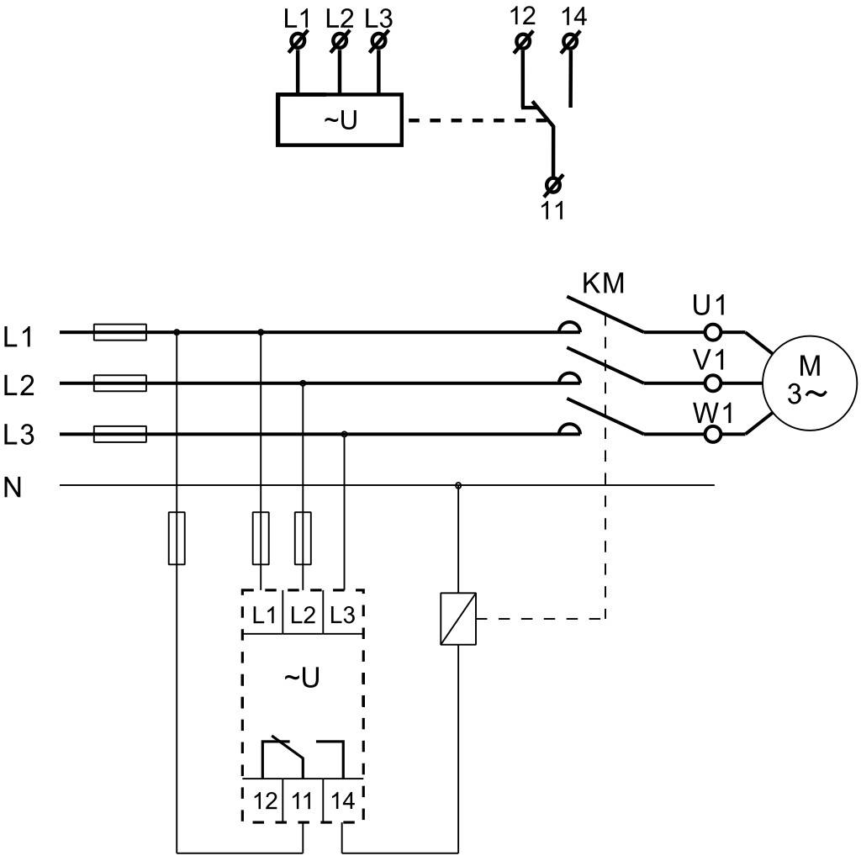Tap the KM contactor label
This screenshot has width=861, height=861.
pyautogui.click(x=604, y=283)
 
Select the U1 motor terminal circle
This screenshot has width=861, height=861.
pyautogui.click(x=712, y=332)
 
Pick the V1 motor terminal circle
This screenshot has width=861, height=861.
pyautogui.click(x=712, y=383)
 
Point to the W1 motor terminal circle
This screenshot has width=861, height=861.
pyautogui.click(x=712, y=435)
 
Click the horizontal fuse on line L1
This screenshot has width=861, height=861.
pyautogui.click(x=120, y=332)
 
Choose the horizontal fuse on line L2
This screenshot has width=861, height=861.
pyautogui.click(x=120, y=383)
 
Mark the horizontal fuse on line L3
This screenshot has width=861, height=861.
pyautogui.click(x=120, y=435)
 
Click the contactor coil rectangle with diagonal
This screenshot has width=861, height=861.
pyautogui.click(x=458, y=619)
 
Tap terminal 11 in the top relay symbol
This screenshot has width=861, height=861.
pyautogui.click(x=553, y=185)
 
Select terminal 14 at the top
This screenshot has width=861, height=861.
pyautogui.click(x=571, y=42)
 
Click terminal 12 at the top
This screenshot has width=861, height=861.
pyautogui.click(x=522, y=42)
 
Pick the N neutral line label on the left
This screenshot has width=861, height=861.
pyautogui.click(x=13, y=487)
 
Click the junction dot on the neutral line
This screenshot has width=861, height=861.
pyautogui.click(x=458, y=485)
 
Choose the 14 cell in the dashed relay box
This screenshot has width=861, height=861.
pyautogui.click(x=343, y=801)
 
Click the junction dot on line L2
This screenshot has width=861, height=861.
pyautogui.click(x=303, y=383)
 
